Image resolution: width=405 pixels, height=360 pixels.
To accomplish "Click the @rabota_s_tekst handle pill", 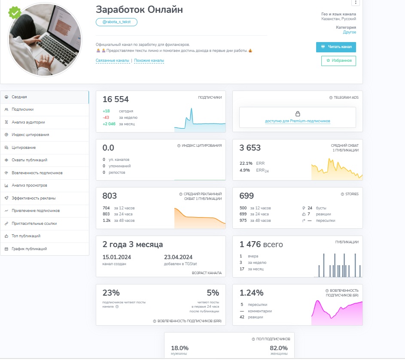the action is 116,22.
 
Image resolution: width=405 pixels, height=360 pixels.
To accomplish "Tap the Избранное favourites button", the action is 338,61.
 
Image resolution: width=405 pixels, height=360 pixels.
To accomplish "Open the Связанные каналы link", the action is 113,61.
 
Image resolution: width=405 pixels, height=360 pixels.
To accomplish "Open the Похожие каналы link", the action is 149,61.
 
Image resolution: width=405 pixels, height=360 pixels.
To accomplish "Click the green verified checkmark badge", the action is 15,12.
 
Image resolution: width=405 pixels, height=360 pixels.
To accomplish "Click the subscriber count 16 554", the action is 116,100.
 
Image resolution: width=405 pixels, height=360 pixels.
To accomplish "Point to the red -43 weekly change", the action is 106,118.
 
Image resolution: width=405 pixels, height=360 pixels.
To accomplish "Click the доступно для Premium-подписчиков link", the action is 298,121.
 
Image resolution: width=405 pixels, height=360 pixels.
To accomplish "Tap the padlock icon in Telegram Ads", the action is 298,114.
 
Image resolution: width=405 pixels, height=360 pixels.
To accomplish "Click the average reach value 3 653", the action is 250,148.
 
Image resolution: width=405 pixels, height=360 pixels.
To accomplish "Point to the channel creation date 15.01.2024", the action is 117,257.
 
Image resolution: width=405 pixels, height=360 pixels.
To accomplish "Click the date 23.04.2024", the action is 178,257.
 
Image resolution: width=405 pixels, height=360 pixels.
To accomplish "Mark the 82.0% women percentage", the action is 279,348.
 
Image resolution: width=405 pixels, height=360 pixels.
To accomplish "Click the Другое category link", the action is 350,32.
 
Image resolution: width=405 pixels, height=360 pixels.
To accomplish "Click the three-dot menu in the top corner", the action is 356,2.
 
